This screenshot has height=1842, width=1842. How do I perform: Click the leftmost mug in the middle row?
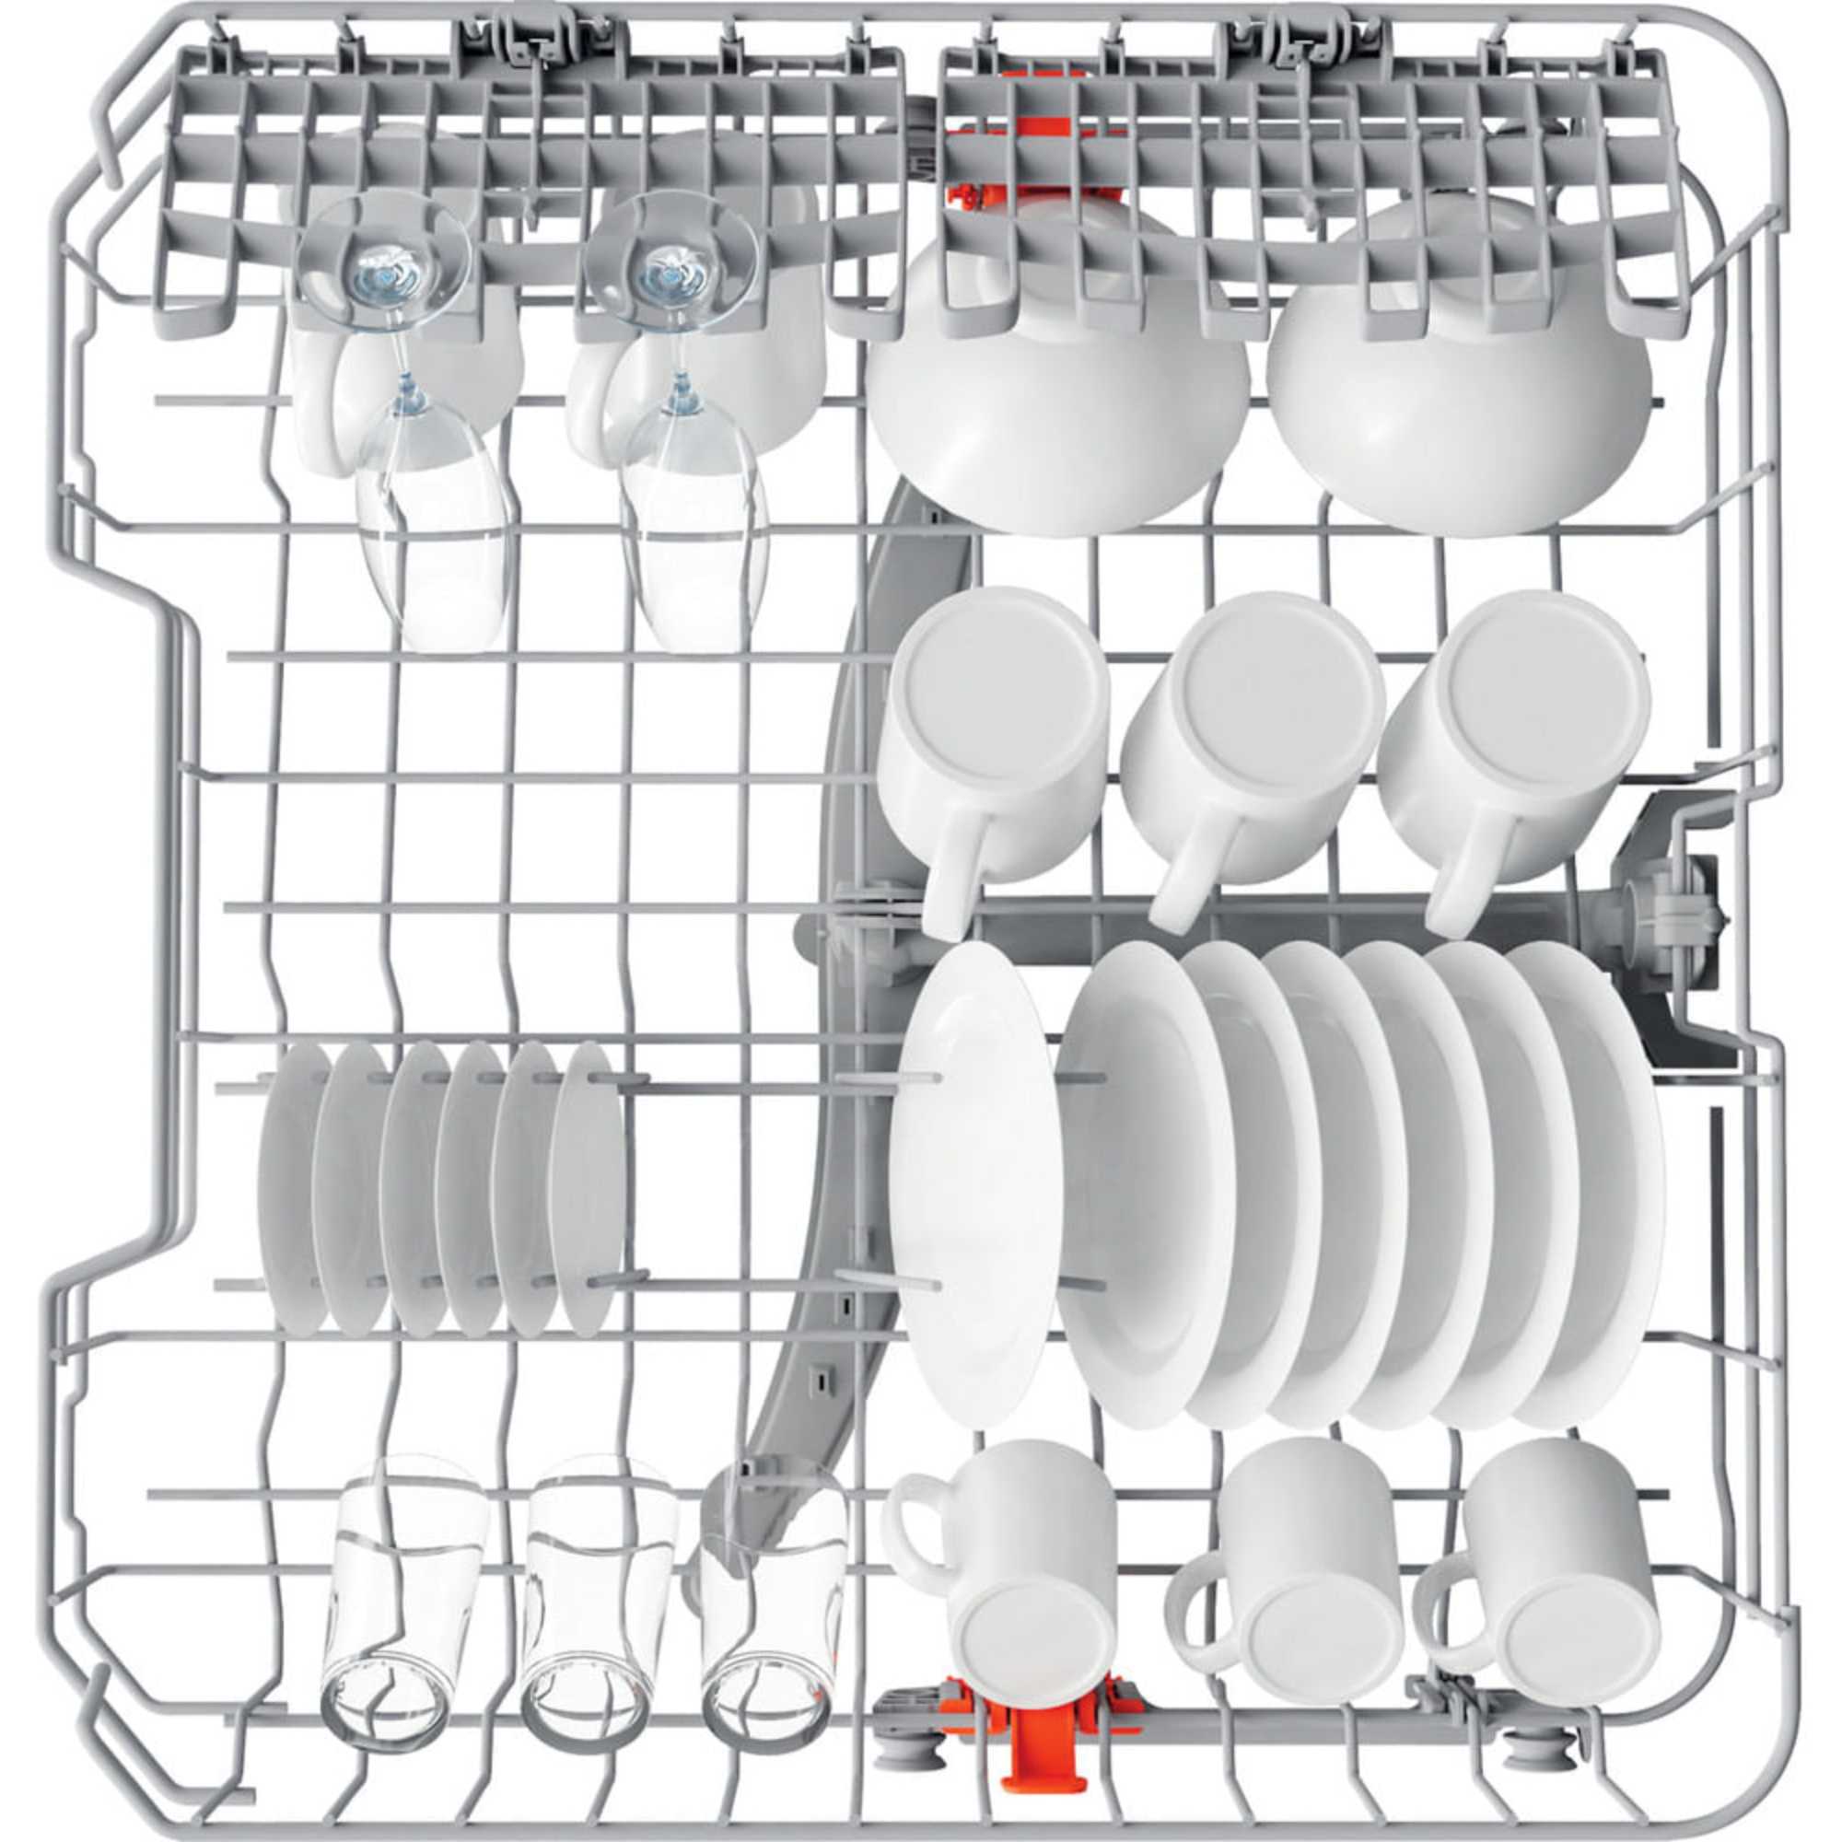(992, 725)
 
